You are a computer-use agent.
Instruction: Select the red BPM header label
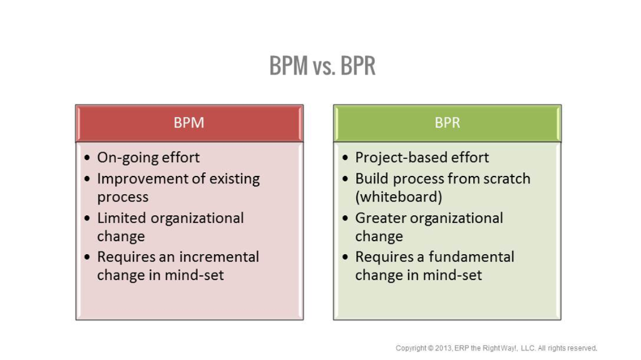click(189, 123)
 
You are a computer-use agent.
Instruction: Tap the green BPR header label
click(447, 123)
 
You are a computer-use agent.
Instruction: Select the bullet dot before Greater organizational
click(346, 219)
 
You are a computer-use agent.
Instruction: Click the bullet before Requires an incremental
click(87, 258)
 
